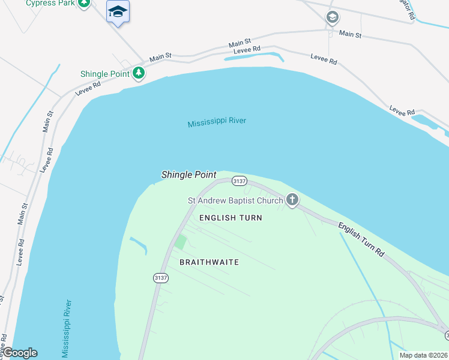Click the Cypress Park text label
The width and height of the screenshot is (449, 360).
click(x=50, y=4)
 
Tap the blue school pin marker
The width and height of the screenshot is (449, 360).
click(x=118, y=12)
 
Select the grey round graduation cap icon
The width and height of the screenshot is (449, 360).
click(x=332, y=18)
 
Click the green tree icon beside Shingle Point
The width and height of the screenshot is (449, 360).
click(x=139, y=73)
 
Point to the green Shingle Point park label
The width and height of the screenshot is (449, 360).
click(x=105, y=74)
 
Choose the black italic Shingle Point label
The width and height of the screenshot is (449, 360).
click(x=188, y=175)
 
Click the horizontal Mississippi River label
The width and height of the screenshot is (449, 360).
click(x=217, y=122)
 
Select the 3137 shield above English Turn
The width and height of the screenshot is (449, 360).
click(x=239, y=181)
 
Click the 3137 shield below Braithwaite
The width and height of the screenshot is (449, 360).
click(x=160, y=278)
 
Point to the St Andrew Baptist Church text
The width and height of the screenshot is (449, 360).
click(x=235, y=200)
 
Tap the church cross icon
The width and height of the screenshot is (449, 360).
click(x=292, y=200)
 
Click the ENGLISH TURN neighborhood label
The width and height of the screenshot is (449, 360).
click(x=231, y=218)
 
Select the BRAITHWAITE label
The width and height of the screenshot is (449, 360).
click(x=209, y=262)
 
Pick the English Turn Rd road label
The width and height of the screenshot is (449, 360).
click(x=361, y=240)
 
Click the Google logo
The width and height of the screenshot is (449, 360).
click(x=20, y=353)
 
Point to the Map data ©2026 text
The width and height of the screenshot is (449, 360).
click(x=424, y=355)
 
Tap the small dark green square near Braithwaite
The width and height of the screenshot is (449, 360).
click(x=179, y=243)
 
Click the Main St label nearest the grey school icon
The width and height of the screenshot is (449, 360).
click(x=350, y=34)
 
